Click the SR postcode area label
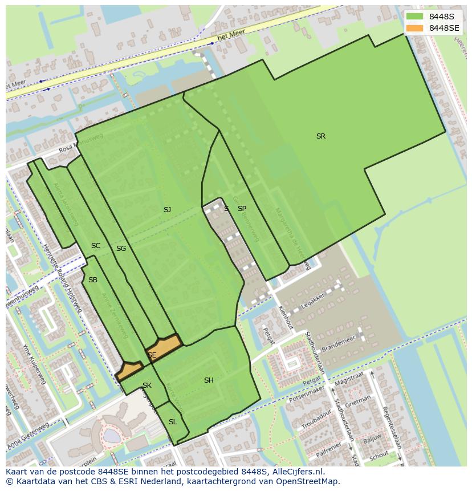[321, 136]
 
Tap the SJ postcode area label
[167, 210]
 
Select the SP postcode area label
[242, 209]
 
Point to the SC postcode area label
[96, 246]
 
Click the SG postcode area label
[121, 249]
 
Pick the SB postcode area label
[93, 280]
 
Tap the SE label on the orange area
[152, 355]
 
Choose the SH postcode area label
[209, 380]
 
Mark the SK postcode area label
[147, 386]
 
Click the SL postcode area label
[173, 422]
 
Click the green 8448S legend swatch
[414, 16]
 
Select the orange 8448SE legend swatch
[414, 28]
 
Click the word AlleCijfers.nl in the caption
[296, 472]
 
